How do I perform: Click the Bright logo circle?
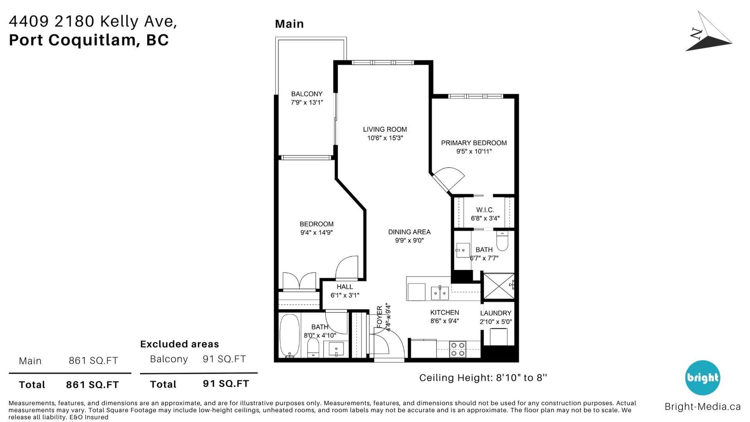pyautogui.click(x=702, y=378)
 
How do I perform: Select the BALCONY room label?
pyautogui.click(x=307, y=94)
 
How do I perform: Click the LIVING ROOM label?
pyautogui.click(x=385, y=129)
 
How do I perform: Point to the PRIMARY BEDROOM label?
pyautogui.click(x=474, y=143)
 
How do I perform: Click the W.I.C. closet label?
pyautogui.click(x=485, y=210)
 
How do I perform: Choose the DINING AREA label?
pyautogui.click(x=409, y=232)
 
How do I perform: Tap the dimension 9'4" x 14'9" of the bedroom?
pyautogui.click(x=316, y=233)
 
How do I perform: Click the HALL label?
pyautogui.click(x=345, y=286)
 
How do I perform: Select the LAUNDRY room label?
pyautogui.click(x=496, y=313)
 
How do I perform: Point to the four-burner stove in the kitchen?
pyautogui.click(x=457, y=349)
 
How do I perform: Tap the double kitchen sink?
pyautogui.click(x=440, y=293)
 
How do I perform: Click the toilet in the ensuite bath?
pyautogui.click(x=502, y=241)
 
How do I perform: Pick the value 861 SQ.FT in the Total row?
pyautogui.click(x=92, y=385)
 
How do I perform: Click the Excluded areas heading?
pyautogui.click(x=180, y=344)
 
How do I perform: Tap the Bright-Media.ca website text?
pyautogui.click(x=703, y=407)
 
